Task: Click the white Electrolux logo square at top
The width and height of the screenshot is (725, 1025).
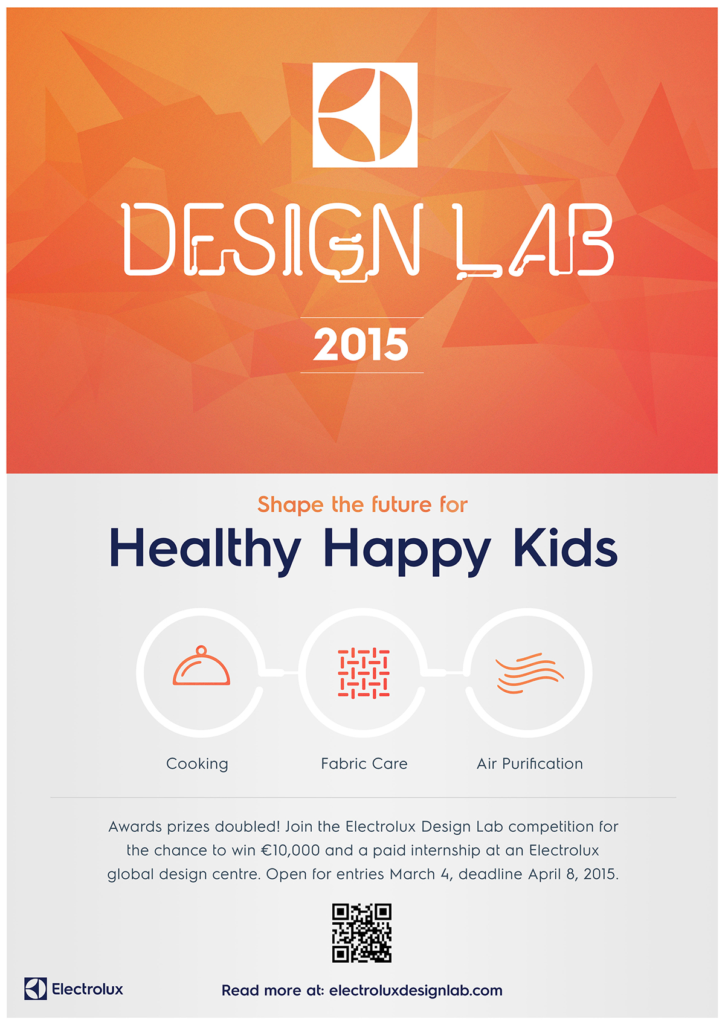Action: (x=365, y=115)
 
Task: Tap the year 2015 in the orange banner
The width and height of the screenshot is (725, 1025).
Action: (x=361, y=344)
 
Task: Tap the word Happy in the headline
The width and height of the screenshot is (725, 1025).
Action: (x=408, y=551)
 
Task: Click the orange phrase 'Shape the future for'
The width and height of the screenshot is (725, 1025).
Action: (x=362, y=504)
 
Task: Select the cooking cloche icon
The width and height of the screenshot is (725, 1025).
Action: (x=201, y=666)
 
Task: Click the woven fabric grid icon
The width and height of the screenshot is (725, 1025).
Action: (x=364, y=673)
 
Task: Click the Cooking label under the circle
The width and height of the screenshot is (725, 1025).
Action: (x=198, y=763)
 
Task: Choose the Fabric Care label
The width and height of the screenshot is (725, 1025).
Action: (x=364, y=763)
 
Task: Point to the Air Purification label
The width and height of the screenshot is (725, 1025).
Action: (x=530, y=763)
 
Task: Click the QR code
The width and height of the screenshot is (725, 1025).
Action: (x=361, y=933)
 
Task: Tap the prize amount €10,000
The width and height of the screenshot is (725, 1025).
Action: (x=290, y=850)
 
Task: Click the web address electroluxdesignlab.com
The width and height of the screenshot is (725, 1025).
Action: (x=416, y=990)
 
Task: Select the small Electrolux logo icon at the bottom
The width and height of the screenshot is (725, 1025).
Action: (x=36, y=989)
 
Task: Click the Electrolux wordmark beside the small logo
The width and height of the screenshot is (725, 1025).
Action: (x=88, y=989)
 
